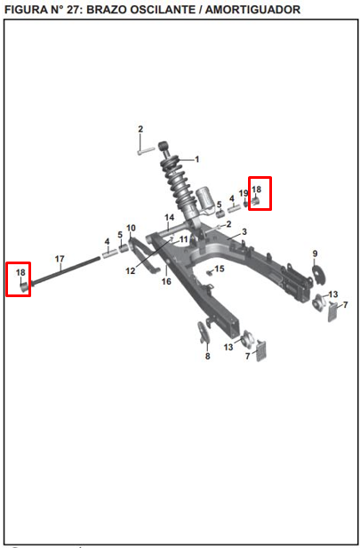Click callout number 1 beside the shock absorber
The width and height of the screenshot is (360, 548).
point(197,159)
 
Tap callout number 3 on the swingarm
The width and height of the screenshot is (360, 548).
point(244,231)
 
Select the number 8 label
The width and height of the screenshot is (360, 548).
point(208,356)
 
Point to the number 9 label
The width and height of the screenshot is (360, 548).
point(315,254)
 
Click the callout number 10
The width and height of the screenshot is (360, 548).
point(131,229)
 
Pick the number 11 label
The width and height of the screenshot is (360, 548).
point(184,240)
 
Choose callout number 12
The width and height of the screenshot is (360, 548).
point(131,270)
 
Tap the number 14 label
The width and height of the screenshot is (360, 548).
point(170,218)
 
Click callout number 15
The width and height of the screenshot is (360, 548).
point(220,269)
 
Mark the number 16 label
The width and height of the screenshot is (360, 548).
point(166,281)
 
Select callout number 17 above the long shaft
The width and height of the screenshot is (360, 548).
point(60,259)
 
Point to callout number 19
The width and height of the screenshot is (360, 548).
point(244,193)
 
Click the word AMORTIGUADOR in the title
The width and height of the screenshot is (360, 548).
point(252,10)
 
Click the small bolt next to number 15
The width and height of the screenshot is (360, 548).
point(210,273)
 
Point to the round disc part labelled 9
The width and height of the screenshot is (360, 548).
point(319,275)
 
